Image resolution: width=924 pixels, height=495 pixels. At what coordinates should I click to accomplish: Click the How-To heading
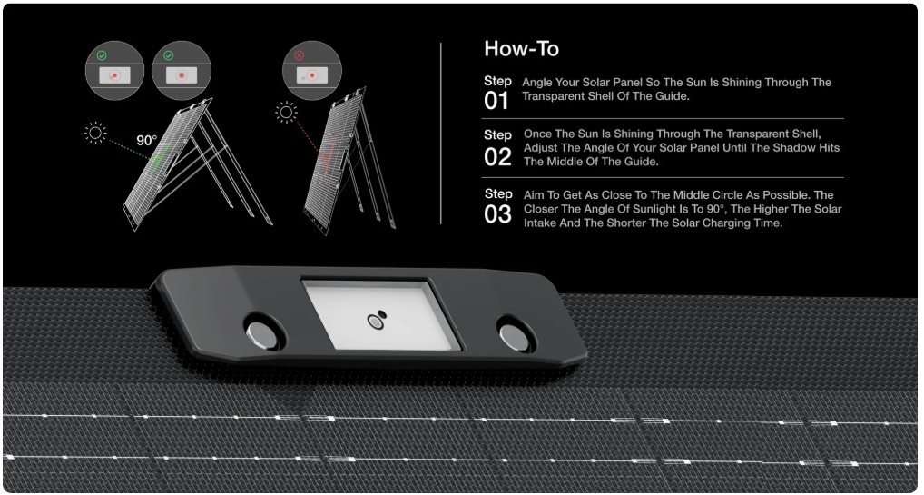click(521, 49)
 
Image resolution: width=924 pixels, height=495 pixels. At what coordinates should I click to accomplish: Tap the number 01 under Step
click(496, 101)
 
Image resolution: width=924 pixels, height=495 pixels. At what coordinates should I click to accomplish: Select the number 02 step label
click(497, 157)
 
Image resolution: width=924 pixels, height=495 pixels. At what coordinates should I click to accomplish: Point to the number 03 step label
click(498, 214)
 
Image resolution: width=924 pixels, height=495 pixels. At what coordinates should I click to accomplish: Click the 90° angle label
click(147, 141)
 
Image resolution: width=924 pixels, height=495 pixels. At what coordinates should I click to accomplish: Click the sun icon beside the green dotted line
click(95, 133)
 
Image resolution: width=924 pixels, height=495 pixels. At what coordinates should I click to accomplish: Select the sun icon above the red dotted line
click(287, 112)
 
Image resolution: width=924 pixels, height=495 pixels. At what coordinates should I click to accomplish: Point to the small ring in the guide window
click(374, 321)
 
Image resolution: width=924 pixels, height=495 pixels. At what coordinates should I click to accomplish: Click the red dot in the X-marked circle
click(313, 76)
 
